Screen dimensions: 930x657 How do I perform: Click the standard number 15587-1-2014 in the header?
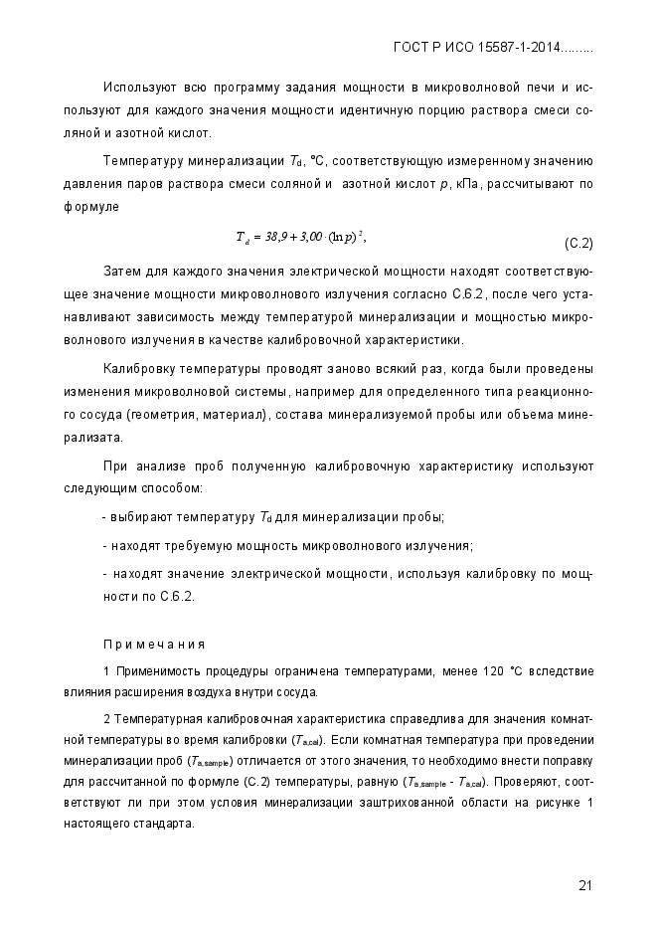pos(518,47)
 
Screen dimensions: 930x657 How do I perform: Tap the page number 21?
pos(584,886)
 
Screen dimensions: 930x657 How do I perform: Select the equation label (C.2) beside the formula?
pos(578,243)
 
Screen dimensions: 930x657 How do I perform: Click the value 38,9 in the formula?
pos(278,237)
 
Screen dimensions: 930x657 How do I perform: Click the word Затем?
pos(120,271)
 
